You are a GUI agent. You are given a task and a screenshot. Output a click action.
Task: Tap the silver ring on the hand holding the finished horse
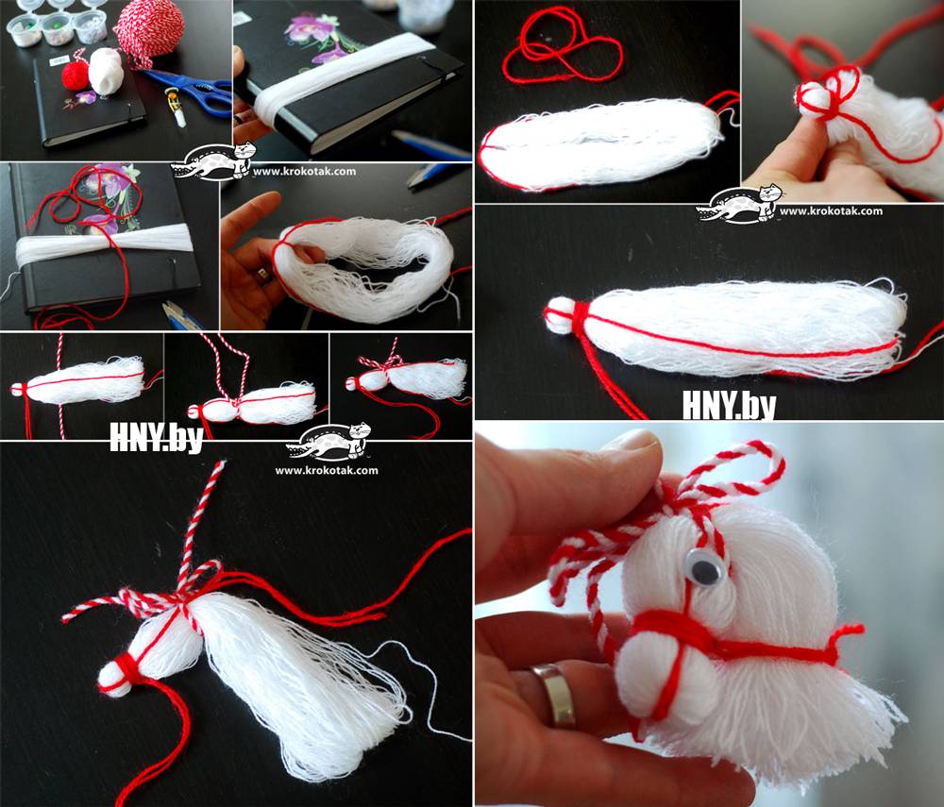pyautogui.click(x=555, y=694)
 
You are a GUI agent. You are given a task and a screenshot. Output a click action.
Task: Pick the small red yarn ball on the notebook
pyautogui.click(x=76, y=74)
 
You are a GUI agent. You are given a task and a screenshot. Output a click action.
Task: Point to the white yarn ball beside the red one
pyautogui.click(x=106, y=71)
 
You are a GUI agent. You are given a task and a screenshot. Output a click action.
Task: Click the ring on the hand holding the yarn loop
pyautogui.click(x=261, y=276)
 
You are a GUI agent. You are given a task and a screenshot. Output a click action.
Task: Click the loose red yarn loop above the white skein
pyautogui.click(x=561, y=45)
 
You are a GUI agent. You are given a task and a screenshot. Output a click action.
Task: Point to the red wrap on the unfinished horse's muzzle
pyautogui.click(x=126, y=669)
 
